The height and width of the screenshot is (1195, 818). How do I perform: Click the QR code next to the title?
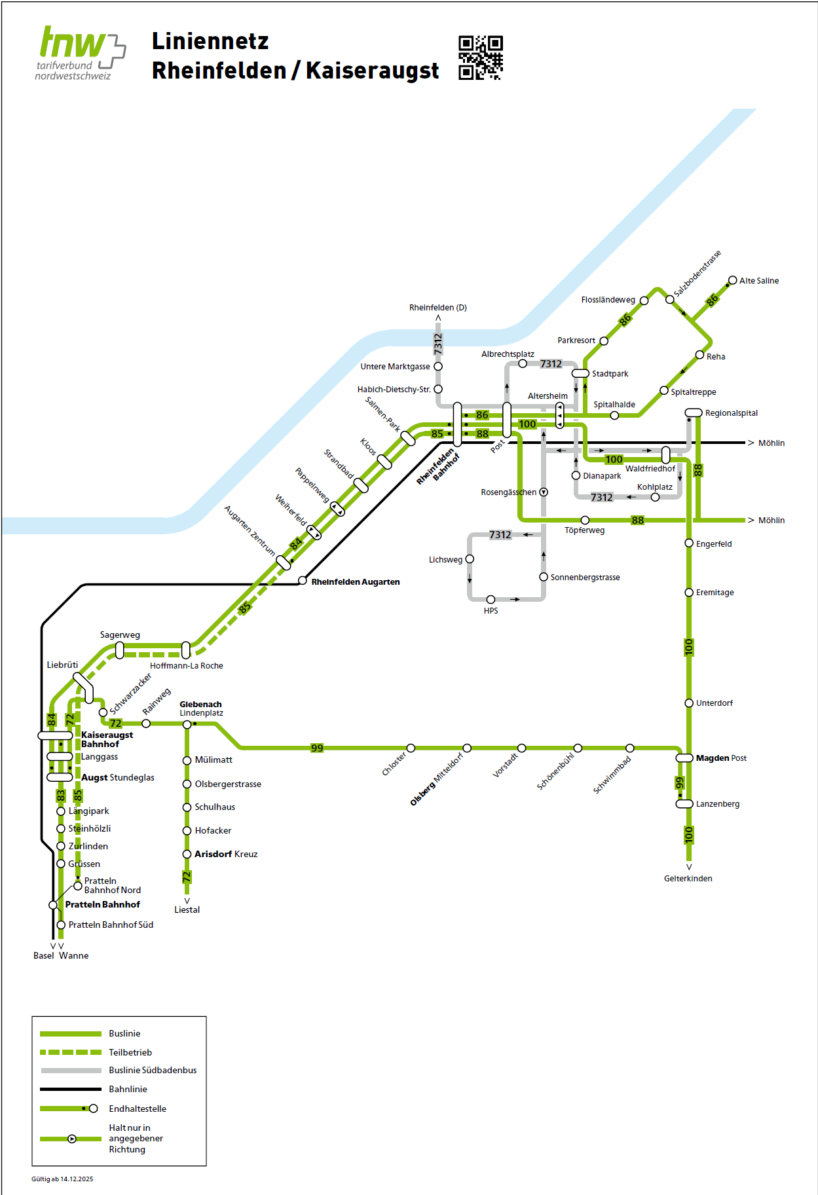click(480, 58)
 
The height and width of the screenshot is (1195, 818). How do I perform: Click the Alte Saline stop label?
click(758, 281)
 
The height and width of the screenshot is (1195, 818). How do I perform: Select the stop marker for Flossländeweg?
click(644, 301)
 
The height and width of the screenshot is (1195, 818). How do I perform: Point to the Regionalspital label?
click(731, 413)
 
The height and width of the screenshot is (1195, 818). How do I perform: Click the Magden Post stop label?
click(720, 758)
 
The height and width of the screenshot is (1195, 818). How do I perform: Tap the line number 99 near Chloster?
click(317, 748)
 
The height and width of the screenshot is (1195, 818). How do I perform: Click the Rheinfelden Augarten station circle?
click(303, 581)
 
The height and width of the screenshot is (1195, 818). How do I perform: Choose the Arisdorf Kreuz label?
click(226, 855)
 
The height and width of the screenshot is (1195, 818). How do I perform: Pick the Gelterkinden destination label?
click(688, 879)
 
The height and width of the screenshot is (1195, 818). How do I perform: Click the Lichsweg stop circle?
click(470, 559)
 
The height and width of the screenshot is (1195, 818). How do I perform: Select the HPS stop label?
click(491, 611)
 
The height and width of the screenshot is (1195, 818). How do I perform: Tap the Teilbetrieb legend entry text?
click(130, 1052)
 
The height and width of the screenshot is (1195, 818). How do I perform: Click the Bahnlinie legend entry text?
click(128, 1089)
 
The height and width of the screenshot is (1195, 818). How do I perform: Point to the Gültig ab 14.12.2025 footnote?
click(62, 1179)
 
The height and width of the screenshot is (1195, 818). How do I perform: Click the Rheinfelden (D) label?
click(437, 308)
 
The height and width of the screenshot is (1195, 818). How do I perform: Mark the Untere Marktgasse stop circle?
click(438, 367)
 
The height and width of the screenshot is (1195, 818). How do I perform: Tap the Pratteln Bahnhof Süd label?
click(111, 925)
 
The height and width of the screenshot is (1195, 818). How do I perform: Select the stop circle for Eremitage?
click(689, 593)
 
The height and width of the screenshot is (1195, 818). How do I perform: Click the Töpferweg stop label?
click(584, 530)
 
